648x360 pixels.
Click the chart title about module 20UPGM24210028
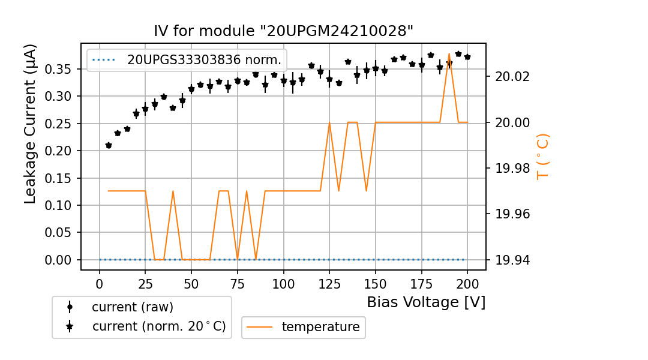(x=283, y=31)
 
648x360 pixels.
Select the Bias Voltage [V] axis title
(x=426, y=302)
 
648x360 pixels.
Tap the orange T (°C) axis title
(x=543, y=156)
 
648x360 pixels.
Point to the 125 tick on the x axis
(x=329, y=283)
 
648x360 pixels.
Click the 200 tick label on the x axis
(x=467, y=283)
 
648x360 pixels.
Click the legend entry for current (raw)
(x=132, y=307)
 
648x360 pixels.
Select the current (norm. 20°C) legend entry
(x=158, y=326)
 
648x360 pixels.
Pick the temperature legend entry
(x=320, y=327)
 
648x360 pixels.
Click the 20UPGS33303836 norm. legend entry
(x=203, y=59)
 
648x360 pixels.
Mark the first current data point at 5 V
(x=109, y=145)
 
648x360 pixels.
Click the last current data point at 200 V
(x=467, y=57)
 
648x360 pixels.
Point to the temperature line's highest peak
(x=449, y=53)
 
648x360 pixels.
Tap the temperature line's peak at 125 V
(x=329, y=122)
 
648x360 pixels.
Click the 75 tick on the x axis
(x=238, y=283)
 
